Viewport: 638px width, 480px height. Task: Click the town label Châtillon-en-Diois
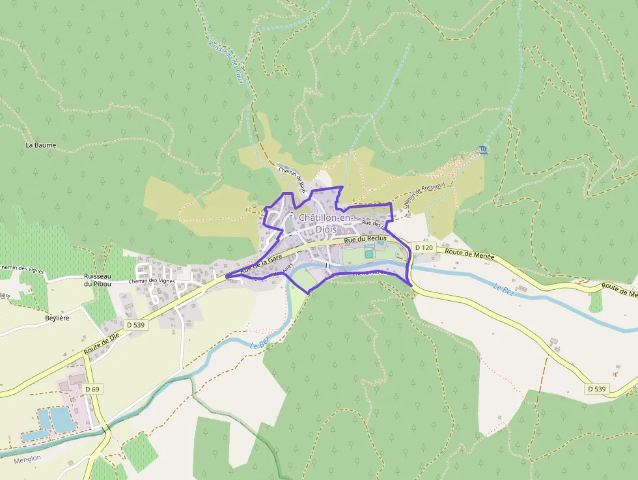coord(325,223)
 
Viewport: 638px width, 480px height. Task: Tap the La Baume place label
coord(40,145)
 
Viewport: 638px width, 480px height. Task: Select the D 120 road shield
coord(423,247)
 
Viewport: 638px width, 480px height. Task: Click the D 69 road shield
coord(92,389)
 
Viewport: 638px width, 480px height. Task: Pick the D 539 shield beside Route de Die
coord(136,324)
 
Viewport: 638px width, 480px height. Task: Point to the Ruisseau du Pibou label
coord(97,280)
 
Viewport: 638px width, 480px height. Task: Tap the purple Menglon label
coord(26,457)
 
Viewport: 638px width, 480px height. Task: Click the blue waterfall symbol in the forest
coord(482,150)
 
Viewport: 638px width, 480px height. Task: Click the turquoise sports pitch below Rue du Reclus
coord(369,254)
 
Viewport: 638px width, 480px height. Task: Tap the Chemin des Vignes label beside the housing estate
coord(152,281)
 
